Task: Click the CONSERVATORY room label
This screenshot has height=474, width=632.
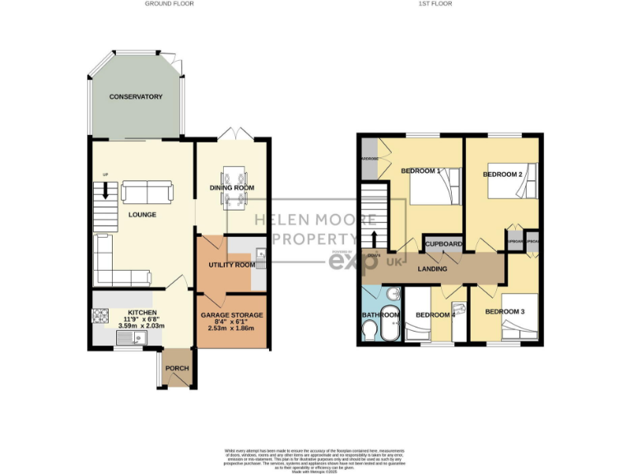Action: pos(137,97)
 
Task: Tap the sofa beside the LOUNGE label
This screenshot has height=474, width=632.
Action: pos(147,193)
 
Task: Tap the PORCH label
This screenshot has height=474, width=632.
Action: pos(177,369)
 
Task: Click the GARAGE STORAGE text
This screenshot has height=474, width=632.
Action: pos(232,315)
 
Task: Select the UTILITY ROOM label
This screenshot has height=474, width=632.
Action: pos(230,265)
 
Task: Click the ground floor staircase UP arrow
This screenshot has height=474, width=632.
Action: pos(105,191)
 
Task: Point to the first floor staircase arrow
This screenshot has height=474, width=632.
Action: pos(374,238)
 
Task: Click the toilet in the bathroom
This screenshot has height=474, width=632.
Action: pos(369,329)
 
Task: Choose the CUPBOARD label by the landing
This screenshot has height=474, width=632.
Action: pos(443,244)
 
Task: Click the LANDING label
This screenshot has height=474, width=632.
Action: pos(433,268)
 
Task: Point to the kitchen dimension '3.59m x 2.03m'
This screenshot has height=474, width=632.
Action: pos(142,325)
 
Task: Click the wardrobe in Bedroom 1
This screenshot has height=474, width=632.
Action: pos(369,159)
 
